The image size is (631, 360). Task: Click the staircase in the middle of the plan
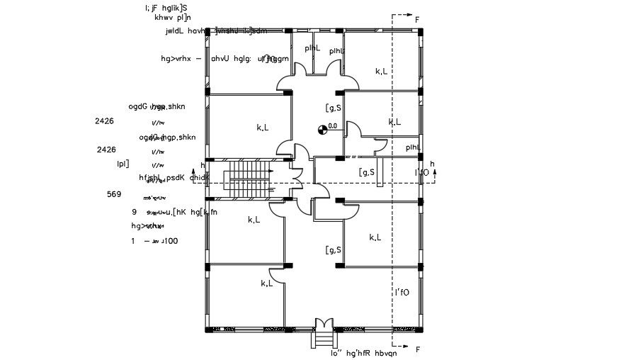tap(249, 181)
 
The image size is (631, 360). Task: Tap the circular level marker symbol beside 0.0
tap(322, 128)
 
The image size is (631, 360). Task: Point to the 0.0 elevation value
tap(332, 125)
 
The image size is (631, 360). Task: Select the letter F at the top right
tap(417, 20)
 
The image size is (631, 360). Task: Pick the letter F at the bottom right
tap(417, 349)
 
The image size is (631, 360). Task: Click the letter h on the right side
tap(433, 164)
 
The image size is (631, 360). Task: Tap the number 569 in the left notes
tap(114, 194)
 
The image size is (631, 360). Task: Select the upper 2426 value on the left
tap(105, 121)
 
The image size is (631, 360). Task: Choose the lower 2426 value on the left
tap(106, 150)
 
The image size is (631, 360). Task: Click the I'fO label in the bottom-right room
tap(402, 292)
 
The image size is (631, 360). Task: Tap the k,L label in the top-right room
tap(381, 71)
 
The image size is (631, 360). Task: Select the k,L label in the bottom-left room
tap(267, 283)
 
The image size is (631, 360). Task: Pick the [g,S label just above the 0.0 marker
tap(334, 108)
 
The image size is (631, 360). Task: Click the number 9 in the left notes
tap(134, 212)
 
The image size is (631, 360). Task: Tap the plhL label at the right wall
tap(413, 148)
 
